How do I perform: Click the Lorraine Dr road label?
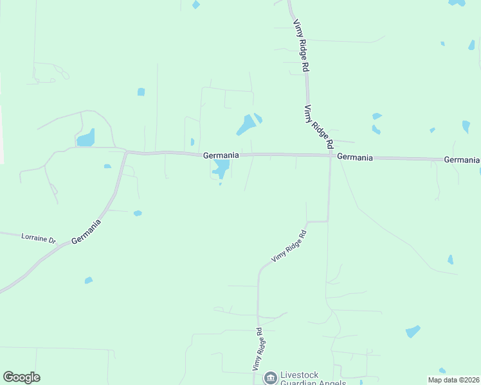pyautogui.click(x=39, y=238)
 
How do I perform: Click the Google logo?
pyautogui.click(x=21, y=377)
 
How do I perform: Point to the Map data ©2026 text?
pyautogui.click(x=453, y=380)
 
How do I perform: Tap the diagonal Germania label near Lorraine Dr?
pyautogui.click(x=86, y=232)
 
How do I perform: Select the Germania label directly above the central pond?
pyautogui.click(x=221, y=155)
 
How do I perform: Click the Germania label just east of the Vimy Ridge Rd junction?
pyautogui.click(x=354, y=157)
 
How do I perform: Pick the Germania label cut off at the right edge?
pyautogui.click(x=462, y=159)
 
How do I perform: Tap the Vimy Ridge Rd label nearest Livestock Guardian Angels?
pyautogui.click(x=257, y=349)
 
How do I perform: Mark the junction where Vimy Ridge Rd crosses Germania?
pyautogui.click(x=331, y=155)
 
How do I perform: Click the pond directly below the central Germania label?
pyautogui.click(x=222, y=169)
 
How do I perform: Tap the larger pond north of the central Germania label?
pyautogui.click(x=246, y=124)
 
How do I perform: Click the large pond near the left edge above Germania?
pyautogui.click(x=86, y=138)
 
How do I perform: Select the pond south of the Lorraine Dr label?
pyautogui.click(x=88, y=280)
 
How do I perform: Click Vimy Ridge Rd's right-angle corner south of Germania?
pyautogui.click(x=328, y=221)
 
